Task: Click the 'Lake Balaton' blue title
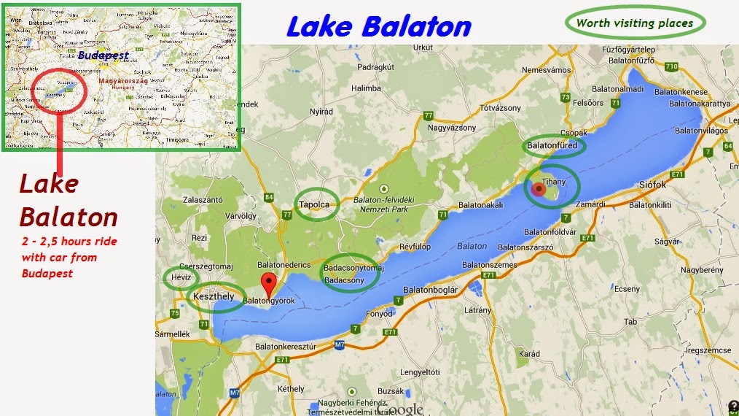(x=378, y=26)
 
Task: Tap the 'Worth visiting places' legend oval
(x=635, y=23)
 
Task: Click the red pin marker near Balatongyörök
(x=270, y=283)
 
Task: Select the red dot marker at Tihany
(x=539, y=190)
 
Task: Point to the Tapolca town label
(x=316, y=205)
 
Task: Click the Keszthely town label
(x=213, y=296)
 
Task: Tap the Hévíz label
(x=181, y=278)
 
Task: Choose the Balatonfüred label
(x=552, y=146)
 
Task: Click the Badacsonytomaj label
(x=353, y=268)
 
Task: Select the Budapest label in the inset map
(x=103, y=55)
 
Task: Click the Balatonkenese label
(x=681, y=92)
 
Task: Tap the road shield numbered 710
(x=671, y=66)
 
